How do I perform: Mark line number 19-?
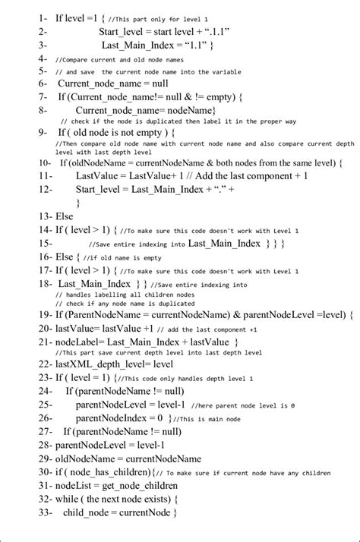(43, 313)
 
